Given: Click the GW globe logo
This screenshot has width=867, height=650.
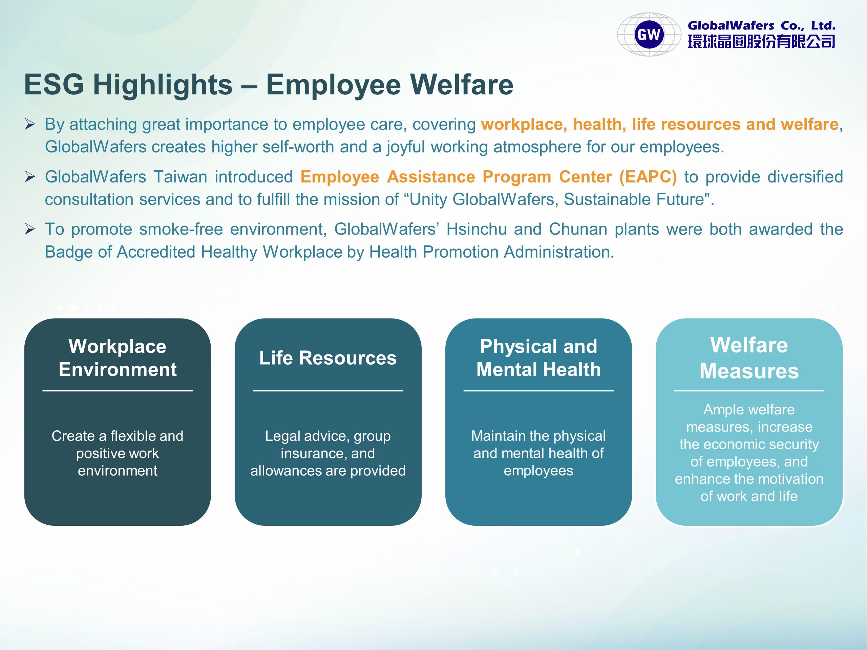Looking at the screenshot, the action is coord(649,35).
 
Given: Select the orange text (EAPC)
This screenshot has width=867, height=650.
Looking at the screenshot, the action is coord(648,177).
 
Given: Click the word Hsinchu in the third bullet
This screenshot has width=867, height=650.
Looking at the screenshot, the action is coord(477,229).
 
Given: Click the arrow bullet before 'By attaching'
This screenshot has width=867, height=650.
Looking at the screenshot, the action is coord(30,125).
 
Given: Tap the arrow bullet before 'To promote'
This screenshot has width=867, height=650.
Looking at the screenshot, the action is coord(30,229).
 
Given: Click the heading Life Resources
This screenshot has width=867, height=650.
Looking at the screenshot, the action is coord(328,358).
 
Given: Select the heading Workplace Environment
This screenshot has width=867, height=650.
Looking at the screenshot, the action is coord(118,358).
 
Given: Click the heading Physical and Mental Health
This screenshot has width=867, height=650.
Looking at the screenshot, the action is coord(538,358).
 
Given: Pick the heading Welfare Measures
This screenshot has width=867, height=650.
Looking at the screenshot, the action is coord(749,358).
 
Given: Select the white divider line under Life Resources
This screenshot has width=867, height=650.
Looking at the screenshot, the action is coord(328,391).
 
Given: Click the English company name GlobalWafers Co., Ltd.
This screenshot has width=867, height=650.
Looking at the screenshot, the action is coord(761,26).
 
